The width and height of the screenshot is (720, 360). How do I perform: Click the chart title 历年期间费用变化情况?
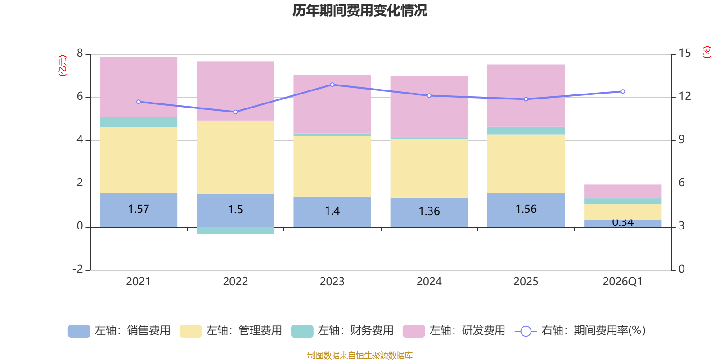[x=360, y=10]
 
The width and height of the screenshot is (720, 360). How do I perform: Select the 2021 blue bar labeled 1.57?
[x=139, y=210]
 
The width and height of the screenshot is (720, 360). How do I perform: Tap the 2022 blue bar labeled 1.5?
[x=235, y=210]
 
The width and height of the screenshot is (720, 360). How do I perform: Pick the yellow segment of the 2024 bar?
[x=429, y=168]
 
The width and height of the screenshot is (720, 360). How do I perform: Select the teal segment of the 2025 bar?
[x=526, y=130]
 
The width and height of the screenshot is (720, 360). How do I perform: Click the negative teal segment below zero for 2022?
[x=235, y=230]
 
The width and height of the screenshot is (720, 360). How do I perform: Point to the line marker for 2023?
[x=332, y=85]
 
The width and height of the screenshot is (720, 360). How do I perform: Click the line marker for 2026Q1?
[x=623, y=91]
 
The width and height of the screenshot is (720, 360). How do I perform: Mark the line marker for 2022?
[x=235, y=112]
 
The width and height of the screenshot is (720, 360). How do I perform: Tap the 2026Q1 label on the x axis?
[x=622, y=282]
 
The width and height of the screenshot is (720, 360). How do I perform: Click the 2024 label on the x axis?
[x=429, y=282]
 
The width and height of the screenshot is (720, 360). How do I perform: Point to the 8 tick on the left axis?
[x=80, y=54]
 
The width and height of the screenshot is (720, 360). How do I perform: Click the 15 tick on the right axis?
[x=684, y=54]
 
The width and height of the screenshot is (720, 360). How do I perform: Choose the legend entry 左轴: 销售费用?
[x=120, y=331]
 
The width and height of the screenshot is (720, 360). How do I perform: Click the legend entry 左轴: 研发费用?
[x=454, y=331]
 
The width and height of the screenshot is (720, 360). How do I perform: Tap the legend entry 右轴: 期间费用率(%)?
[x=580, y=331]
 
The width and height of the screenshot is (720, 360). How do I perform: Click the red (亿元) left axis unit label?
[x=63, y=66]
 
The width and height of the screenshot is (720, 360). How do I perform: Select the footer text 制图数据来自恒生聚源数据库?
[x=360, y=355]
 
